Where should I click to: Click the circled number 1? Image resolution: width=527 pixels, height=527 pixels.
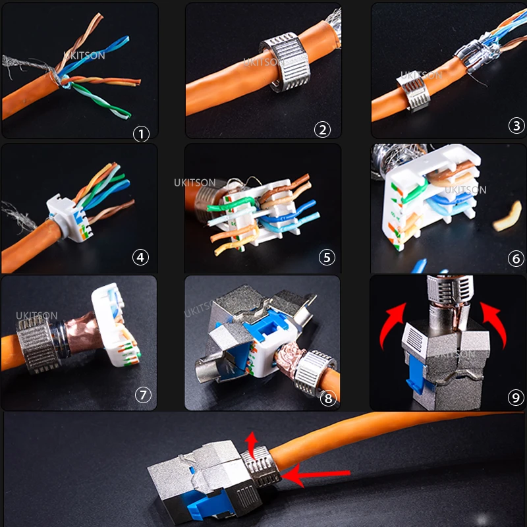140,134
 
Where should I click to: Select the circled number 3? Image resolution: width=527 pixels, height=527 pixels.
516,126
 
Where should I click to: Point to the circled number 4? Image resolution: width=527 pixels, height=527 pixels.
140,258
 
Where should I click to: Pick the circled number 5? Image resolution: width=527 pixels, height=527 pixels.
327,258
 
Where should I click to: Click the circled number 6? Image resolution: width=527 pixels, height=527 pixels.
516,259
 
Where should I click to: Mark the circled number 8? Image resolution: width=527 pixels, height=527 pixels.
328,398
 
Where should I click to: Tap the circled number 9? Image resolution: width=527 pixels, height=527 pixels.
516,397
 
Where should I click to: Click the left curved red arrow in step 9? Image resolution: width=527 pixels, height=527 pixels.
393,326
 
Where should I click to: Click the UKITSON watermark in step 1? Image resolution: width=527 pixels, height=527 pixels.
84,56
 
